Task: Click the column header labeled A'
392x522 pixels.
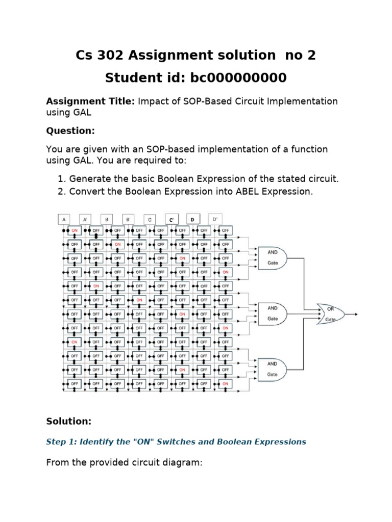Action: (85, 219)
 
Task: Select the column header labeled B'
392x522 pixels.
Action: (128, 219)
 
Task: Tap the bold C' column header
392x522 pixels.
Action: (171, 219)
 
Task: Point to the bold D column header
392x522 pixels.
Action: (193, 219)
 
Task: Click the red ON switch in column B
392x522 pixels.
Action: (117, 244)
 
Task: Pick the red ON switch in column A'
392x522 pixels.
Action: (96, 286)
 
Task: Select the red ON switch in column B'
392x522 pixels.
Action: (139, 300)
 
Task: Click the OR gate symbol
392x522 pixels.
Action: (329, 314)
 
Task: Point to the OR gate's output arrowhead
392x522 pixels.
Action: (356, 314)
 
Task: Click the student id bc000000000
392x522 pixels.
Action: (238, 78)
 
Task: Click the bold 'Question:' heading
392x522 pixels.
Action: (70, 130)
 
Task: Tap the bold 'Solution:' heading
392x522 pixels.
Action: (69, 421)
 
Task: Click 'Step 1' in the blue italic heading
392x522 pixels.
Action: (61, 441)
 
